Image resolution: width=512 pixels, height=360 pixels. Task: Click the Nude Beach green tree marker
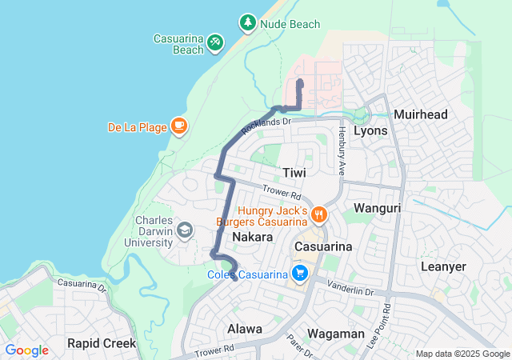248,23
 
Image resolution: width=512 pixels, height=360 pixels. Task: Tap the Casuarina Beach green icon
214,42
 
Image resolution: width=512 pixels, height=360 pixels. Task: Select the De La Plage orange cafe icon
178,126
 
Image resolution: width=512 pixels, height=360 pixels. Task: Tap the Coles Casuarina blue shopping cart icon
300,274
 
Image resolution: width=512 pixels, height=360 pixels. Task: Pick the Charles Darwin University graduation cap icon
185,231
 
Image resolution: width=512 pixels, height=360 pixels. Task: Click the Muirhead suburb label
421,114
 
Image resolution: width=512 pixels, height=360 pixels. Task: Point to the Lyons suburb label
370,130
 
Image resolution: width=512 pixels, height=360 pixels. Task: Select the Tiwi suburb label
294,173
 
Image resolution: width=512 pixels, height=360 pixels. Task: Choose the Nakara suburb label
253,238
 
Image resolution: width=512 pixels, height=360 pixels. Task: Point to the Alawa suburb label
244,329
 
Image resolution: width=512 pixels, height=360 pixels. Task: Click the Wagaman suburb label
337,334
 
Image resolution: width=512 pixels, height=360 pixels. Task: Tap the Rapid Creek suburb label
101,343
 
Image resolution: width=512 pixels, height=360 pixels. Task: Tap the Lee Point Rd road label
387,319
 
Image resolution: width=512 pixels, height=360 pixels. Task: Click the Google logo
27,350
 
